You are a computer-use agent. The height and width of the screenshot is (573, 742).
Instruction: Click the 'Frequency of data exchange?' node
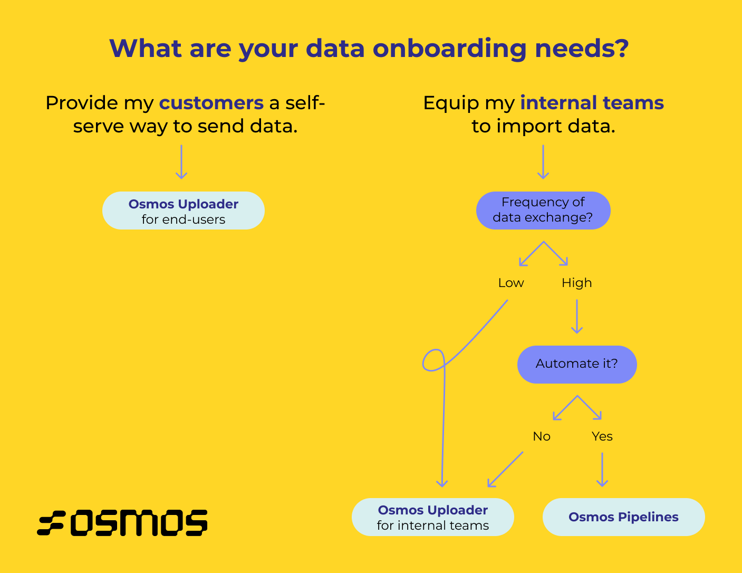click(543, 210)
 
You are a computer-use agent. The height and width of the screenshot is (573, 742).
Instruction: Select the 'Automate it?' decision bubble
click(577, 364)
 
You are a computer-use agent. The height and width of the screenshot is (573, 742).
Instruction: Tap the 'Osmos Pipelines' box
click(623, 517)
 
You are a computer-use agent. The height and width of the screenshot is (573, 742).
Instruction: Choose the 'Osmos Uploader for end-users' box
click(184, 211)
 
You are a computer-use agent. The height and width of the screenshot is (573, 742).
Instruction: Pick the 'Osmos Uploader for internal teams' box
click(432, 517)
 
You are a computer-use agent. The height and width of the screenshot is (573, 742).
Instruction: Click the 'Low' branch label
click(510, 283)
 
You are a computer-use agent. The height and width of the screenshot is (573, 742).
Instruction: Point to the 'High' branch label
click(576, 283)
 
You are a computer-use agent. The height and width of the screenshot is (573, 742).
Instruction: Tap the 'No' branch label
click(542, 436)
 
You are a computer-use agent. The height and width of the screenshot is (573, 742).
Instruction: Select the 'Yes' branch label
click(602, 436)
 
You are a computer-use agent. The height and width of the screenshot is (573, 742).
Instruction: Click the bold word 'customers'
click(211, 102)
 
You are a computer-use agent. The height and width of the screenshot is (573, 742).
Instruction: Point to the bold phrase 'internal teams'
click(592, 102)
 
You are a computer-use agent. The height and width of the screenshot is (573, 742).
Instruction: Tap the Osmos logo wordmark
click(122, 523)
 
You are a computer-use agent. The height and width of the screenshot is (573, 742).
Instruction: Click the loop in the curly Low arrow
click(434, 360)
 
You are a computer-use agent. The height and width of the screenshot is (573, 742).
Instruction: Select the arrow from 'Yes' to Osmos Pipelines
click(602, 469)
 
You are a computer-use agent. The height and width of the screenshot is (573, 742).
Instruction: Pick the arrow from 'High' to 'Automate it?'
click(577, 317)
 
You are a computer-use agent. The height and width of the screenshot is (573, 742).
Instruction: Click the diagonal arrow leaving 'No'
click(505, 469)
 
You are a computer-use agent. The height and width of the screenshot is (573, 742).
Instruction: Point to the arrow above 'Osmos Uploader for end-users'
click(181, 162)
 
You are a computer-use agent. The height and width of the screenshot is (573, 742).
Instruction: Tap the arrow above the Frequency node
click(543, 162)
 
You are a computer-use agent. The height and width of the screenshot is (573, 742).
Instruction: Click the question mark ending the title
click(621, 49)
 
